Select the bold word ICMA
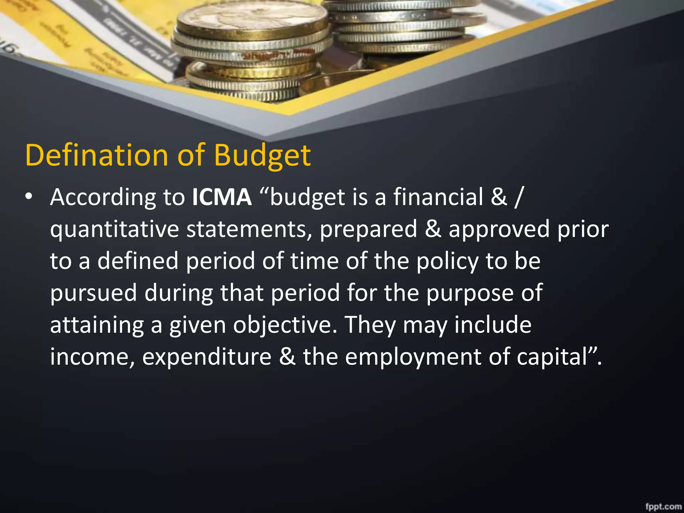click(x=222, y=197)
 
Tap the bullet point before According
click(x=29, y=196)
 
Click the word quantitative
click(x=115, y=230)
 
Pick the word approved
click(x=499, y=230)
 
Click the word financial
click(x=438, y=197)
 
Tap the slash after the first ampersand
click(x=518, y=197)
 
